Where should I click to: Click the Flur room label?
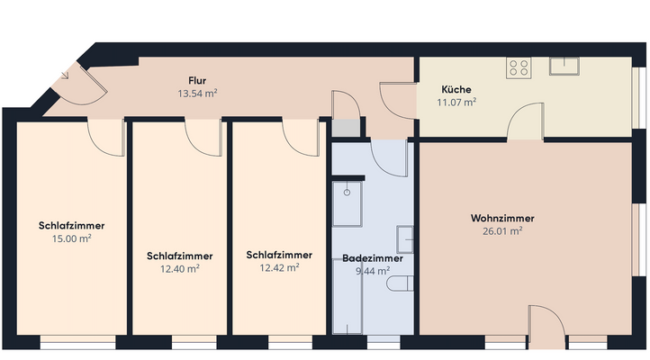(x=198, y=80)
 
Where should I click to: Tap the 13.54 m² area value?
(x=198, y=93)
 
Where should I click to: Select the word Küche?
(x=456, y=90)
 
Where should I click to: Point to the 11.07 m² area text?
(x=456, y=103)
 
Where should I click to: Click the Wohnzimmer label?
(x=502, y=219)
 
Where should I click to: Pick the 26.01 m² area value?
(x=502, y=231)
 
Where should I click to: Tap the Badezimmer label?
(x=373, y=258)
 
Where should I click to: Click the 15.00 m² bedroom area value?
(x=72, y=238)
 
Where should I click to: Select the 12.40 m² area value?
(x=173, y=268)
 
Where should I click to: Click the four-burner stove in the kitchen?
(x=519, y=67)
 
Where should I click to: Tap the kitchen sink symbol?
(x=564, y=64)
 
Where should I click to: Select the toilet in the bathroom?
(x=400, y=284)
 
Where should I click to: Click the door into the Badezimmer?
(x=390, y=157)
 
